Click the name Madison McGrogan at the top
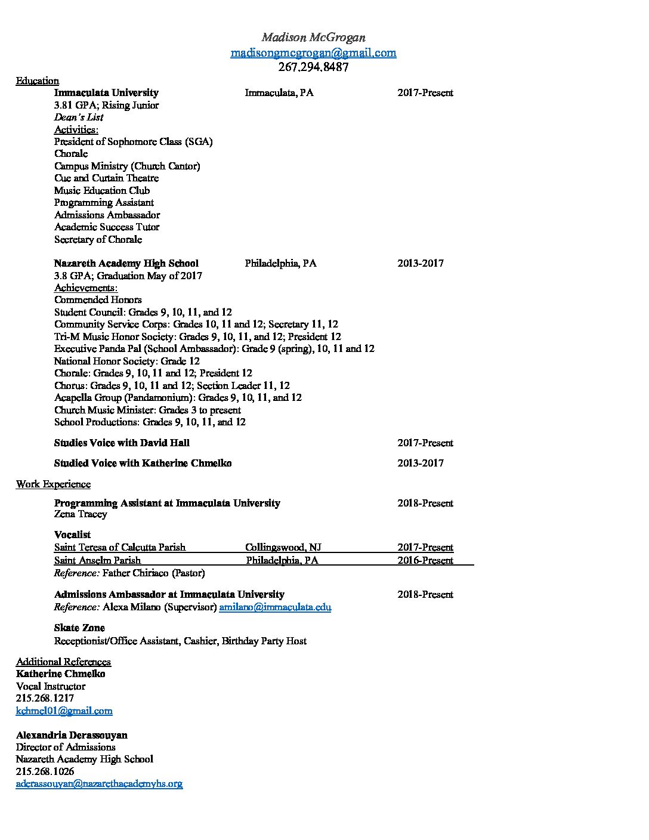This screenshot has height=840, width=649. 313,38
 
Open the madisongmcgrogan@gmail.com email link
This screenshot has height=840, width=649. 313,52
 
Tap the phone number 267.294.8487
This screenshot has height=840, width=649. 313,67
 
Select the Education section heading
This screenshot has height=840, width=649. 37,81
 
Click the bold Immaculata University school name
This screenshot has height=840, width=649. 106,92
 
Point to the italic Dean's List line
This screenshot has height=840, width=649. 79,117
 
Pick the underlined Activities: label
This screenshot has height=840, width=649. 76,129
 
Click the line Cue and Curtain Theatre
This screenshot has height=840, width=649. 106,178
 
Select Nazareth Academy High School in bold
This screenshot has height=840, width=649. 126,263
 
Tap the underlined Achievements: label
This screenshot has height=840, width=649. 86,288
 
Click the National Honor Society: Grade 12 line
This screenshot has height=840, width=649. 126,361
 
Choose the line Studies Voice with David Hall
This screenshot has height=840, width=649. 122,443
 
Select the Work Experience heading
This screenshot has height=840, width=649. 53,484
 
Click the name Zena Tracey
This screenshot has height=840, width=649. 81,514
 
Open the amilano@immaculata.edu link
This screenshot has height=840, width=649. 275,607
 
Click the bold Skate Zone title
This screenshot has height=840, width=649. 79,628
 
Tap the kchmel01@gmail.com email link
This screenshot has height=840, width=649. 64,711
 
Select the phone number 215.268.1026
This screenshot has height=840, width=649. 45,771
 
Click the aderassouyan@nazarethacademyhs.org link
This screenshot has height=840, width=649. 99,783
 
